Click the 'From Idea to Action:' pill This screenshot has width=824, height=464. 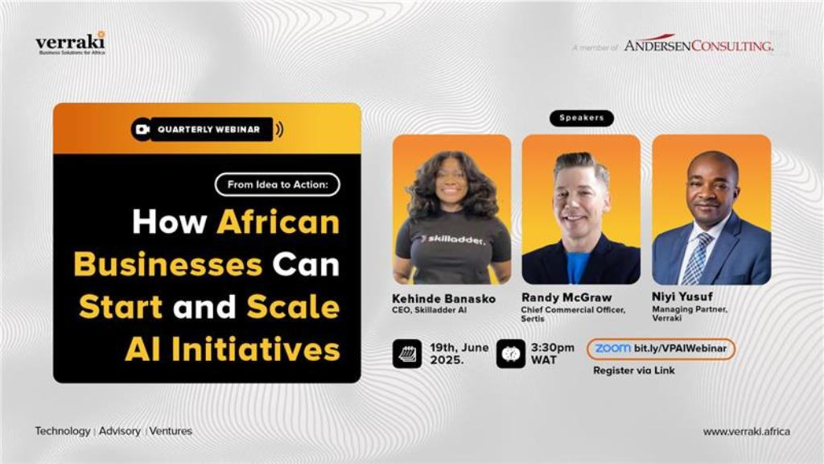coord(278,184)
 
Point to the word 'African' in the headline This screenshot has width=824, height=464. coord(278,222)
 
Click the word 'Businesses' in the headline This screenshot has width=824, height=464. coord(167,264)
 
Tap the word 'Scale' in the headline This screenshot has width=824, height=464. coord(293,307)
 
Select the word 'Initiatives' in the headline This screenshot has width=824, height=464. coord(255,349)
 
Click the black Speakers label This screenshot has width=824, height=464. coord(581,118)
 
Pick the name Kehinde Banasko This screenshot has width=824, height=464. coord(443,299)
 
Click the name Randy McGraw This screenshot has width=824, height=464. coord(566,298)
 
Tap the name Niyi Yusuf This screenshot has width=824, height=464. coord(682,296)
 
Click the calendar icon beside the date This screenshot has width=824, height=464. coord(406,354)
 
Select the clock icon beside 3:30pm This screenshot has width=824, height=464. coord(511,354)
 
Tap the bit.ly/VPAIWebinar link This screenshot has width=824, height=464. coord(680,349)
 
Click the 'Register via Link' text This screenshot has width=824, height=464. coord(634,371)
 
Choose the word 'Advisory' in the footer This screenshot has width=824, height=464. coord(120,431)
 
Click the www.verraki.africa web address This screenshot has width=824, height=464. coord(746,432)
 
